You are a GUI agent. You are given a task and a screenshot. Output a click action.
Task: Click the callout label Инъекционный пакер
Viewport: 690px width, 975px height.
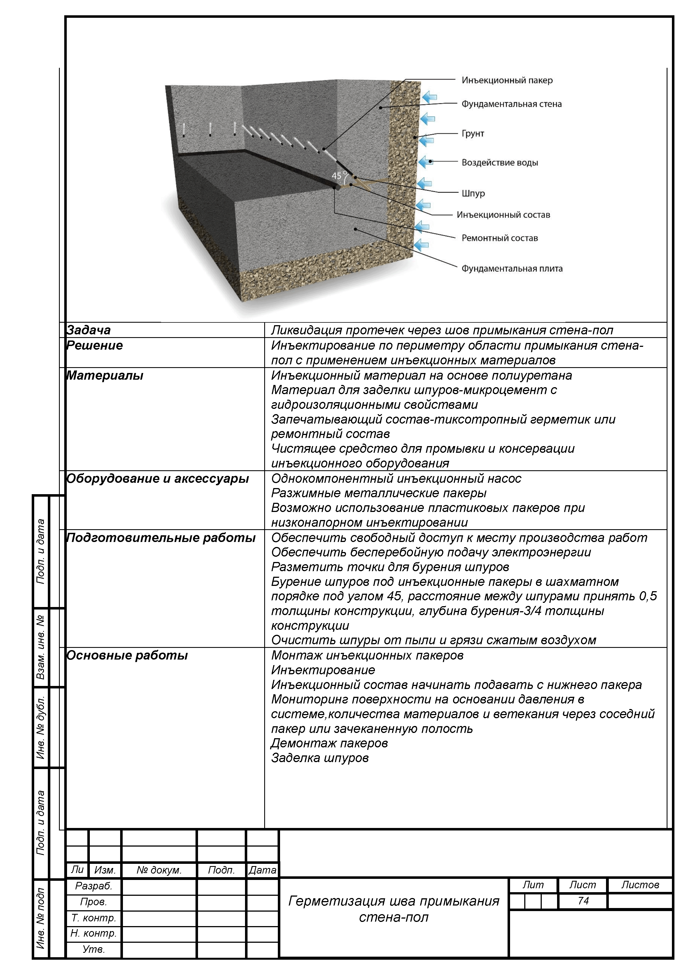tap(507, 80)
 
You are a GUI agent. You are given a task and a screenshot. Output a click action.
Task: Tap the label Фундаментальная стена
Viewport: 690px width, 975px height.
tap(511, 104)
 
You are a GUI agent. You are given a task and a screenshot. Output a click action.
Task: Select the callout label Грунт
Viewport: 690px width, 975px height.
tap(473, 133)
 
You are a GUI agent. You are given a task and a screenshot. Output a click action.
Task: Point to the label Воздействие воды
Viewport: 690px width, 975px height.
tap(500, 162)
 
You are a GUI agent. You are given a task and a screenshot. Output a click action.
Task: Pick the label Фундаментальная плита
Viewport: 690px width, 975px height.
tap(512, 268)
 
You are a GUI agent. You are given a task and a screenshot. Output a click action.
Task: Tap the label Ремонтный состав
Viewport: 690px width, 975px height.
tap(500, 238)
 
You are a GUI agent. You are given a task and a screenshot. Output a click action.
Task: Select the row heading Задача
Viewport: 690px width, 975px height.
tap(88, 330)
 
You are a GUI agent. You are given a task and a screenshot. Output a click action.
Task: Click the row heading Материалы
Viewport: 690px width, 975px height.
tap(105, 375)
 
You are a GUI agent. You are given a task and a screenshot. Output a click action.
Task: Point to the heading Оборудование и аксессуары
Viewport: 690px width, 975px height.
tap(157, 479)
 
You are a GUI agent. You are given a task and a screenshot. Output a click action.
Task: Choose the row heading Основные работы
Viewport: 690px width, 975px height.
tap(127, 655)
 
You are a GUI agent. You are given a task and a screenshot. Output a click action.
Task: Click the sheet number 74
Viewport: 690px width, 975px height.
tap(583, 901)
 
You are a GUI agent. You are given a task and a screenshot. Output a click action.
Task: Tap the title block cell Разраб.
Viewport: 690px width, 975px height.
tap(93, 886)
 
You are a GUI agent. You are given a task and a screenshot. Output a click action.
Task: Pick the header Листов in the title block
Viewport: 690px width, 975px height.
tap(640, 885)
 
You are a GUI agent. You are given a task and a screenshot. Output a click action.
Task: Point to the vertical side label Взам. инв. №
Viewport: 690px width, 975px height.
tap(41, 648)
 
